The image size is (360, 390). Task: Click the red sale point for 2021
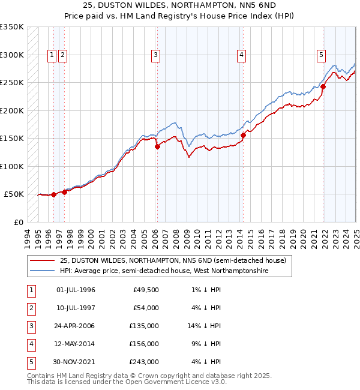click(x=323, y=86)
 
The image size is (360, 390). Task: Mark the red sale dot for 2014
click(x=243, y=135)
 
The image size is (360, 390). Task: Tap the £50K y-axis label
click(x=14, y=194)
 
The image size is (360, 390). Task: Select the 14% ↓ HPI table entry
click(x=204, y=326)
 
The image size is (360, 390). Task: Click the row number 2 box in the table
click(x=30, y=308)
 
